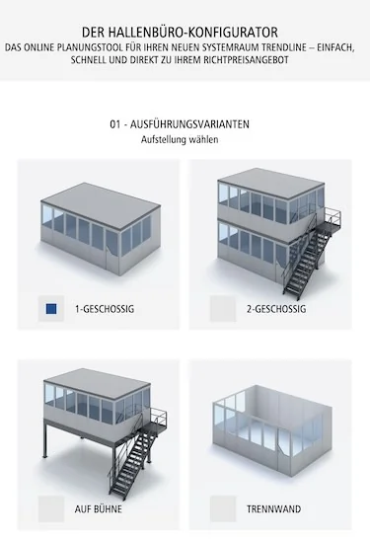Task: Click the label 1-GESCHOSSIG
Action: tap(104, 310)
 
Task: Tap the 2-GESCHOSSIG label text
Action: tap(276, 310)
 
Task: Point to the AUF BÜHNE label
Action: tap(98, 509)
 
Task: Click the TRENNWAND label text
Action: tap(274, 509)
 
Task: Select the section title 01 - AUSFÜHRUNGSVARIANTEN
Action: tap(185, 124)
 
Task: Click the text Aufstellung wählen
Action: tap(185, 140)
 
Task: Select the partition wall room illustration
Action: tap(271, 434)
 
